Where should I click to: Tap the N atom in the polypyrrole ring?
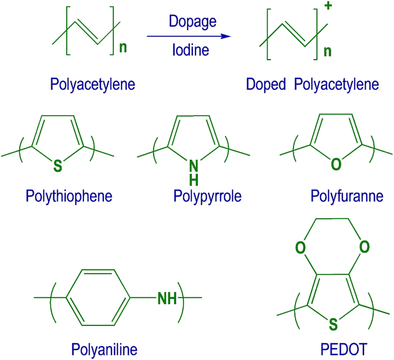pyautogui.click(x=192, y=164)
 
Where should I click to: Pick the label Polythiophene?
pyautogui.click(x=69, y=196)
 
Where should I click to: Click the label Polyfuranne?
pyautogui.click(x=347, y=196)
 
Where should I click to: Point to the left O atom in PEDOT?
pyautogui.click(x=301, y=246)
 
